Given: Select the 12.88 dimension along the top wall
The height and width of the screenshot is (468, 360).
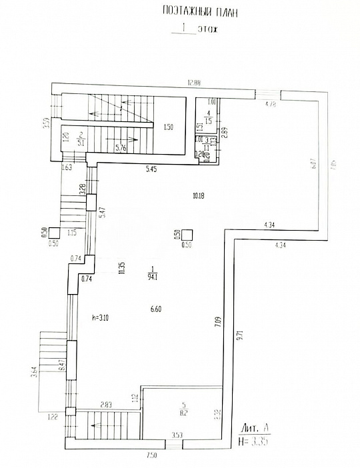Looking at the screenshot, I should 194,83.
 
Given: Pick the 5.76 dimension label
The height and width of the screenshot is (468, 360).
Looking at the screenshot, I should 121,148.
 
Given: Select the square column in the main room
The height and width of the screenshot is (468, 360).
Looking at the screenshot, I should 188,235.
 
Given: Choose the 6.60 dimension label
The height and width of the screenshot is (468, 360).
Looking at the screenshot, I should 157,309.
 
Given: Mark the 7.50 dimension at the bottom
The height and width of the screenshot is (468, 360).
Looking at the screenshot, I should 152,455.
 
